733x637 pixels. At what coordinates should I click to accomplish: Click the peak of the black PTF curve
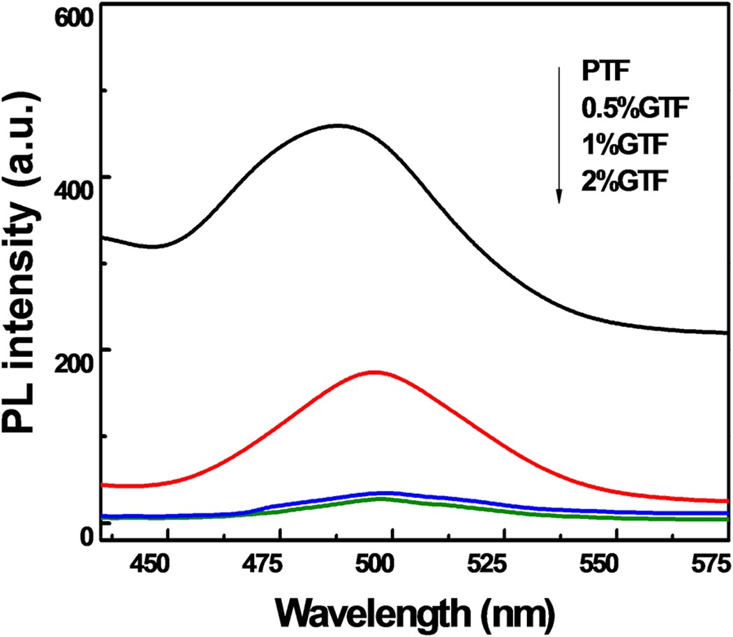[339, 126]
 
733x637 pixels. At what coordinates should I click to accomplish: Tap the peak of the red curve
[375, 372]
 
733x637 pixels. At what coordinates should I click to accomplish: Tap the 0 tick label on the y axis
[87, 536]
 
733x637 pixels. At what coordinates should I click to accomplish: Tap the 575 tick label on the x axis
[709, 563]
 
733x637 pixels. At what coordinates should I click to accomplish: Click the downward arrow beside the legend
[559, 133]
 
